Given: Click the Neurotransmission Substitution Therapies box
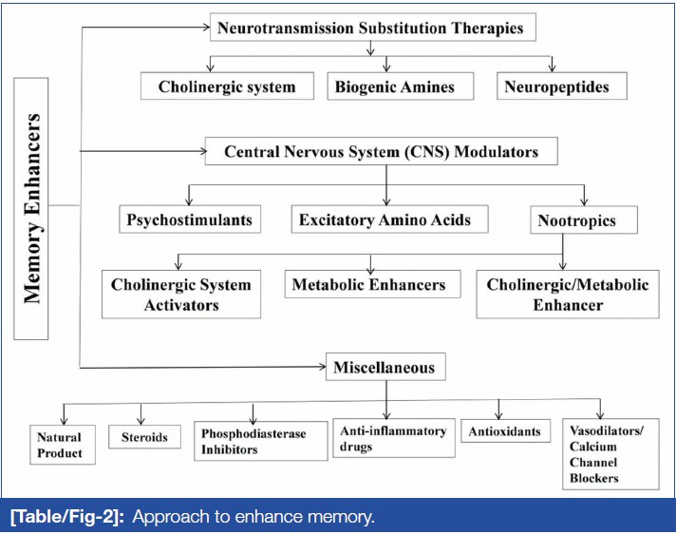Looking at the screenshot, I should click(371, 29).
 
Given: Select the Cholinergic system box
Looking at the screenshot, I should click(227, 86).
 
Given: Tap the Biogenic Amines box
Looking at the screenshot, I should click(394, 86).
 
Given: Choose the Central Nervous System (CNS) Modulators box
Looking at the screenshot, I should click(381, 151).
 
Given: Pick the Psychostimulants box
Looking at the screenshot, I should click(190, 219).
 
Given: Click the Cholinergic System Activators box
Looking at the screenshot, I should click(180, 294).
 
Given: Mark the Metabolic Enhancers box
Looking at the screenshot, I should click(367, 284).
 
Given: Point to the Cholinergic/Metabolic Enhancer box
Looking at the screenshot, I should click(567, 294).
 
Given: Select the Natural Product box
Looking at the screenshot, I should click(60, 445).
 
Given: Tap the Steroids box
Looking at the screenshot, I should click(144, 437).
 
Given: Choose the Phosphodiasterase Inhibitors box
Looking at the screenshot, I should click(253, 442).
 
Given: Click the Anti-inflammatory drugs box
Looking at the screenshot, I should click(392, 439).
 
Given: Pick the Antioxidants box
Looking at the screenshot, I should click(504, 431).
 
